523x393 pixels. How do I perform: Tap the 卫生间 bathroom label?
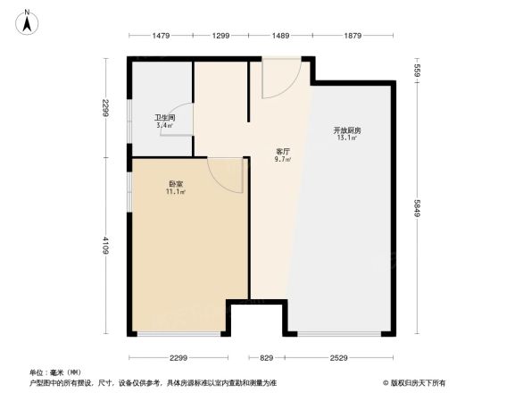pos(164,118)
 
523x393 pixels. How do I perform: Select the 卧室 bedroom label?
pos(174,184)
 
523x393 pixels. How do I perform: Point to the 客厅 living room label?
pos(282,152)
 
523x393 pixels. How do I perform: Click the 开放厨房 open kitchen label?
pos(347,130)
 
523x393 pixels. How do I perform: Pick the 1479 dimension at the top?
pos(161,36)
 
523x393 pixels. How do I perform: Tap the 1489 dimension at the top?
pos(280,36)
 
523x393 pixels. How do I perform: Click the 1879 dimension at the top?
pos(352,36)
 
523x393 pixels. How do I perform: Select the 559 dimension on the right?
pos(416,71)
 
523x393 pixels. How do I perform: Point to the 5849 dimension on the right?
pos(416,210)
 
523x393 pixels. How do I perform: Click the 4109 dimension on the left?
pos(105,245)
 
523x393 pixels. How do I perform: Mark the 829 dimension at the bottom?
pos(268,357)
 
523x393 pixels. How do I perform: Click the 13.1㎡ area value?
pos(347,138)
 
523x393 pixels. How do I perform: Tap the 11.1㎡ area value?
pos(174,192)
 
